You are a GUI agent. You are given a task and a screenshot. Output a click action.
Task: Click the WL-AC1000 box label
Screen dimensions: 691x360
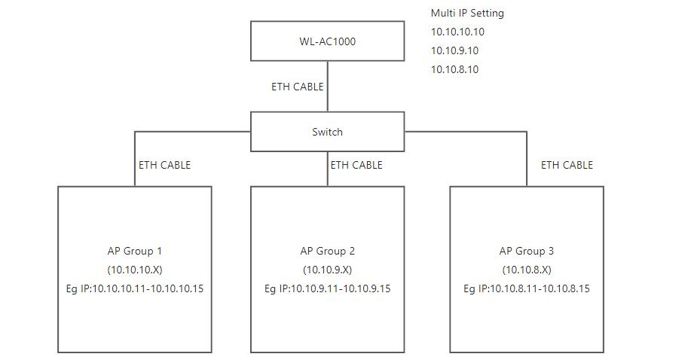(328, 41)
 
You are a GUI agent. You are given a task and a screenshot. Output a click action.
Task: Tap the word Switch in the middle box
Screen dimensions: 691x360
(328, 132)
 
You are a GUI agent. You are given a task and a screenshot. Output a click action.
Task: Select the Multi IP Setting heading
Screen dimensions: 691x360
(467, 14)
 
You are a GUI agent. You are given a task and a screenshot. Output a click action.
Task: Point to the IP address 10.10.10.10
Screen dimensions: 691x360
(457, 32)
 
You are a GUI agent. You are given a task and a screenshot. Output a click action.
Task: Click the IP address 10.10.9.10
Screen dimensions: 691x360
(455, 50)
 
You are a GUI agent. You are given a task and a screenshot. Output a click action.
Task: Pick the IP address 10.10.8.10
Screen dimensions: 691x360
(455, 69)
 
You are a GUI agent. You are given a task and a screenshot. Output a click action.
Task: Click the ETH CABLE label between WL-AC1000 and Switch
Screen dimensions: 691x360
(298, 87)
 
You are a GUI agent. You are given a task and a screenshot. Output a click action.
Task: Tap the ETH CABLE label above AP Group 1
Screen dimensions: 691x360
(165, 165)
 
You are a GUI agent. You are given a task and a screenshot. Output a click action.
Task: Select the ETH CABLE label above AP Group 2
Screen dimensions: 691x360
(356, 165)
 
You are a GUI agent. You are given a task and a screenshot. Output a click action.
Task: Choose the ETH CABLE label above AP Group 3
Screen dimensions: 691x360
(567, 165)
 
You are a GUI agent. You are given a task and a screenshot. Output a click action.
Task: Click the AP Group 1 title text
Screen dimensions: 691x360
(135, 251)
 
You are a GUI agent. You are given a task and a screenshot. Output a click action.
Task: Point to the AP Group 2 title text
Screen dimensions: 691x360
(328, 251)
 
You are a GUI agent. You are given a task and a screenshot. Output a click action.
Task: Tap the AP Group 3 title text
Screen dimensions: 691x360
(527, 251)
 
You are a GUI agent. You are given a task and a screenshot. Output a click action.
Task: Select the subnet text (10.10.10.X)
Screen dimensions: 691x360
(135, 270)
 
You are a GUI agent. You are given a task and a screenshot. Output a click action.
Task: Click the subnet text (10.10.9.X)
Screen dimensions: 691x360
(328, 270)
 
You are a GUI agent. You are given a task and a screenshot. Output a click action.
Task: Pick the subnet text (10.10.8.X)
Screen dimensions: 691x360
(527, 270)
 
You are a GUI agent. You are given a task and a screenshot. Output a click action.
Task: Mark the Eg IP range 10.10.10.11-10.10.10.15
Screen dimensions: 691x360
(135, 288)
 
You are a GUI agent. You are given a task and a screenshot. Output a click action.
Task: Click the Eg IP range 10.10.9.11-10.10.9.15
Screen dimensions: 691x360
(328, 288)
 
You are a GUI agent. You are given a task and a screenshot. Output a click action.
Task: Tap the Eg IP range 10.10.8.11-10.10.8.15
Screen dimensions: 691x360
(527, 288)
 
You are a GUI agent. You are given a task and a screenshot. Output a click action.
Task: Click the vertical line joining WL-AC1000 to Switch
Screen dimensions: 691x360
(328, 87)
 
